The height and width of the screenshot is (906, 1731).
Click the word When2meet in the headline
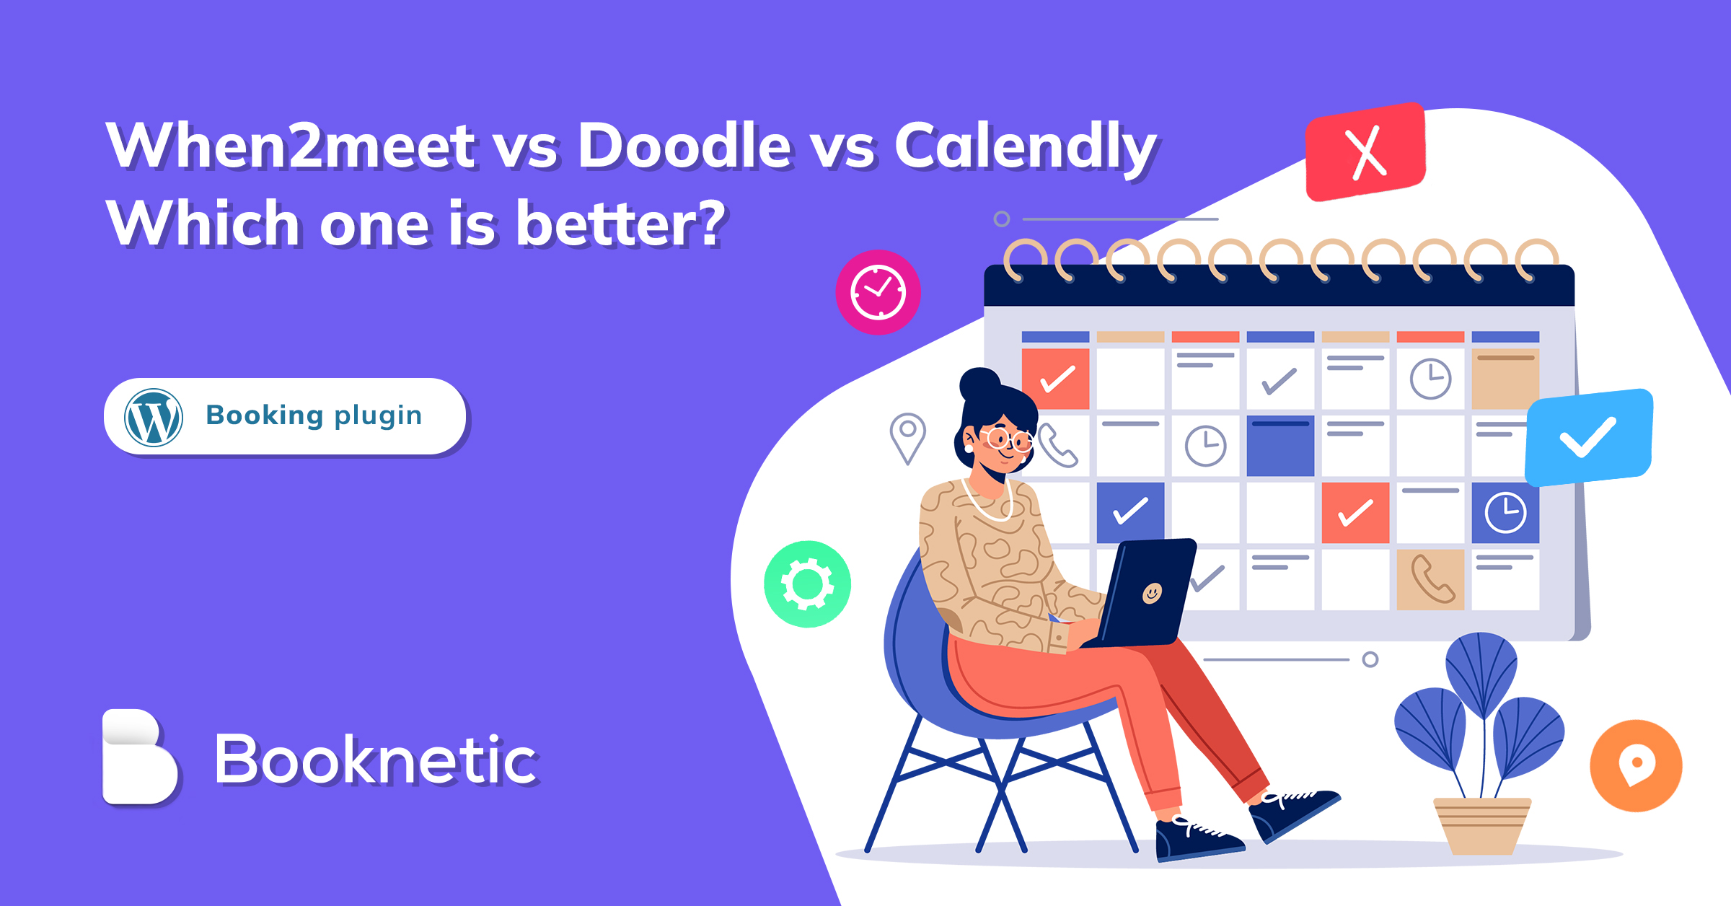click(x=290, y=146)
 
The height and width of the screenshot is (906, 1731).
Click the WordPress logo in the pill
click(x=154, y=418)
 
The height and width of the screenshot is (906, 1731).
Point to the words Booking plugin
click(x=314, y=415)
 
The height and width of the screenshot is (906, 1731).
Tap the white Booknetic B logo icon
click(x=138, y=757)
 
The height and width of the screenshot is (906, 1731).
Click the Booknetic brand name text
click(x=375, y=759)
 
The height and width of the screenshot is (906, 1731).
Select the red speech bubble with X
click(x=1365, y=152)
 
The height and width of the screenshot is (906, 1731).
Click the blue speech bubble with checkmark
click(x=1588, y=437)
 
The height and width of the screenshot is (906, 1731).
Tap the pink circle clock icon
click(x=878, y=292)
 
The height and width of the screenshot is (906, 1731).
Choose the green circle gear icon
click(x=807, y=584)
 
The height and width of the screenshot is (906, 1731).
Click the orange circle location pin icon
click(x=1636, y=765)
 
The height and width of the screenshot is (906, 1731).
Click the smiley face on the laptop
click(x=1152, y=593)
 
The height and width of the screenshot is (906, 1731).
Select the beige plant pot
click(x=1480, y=825)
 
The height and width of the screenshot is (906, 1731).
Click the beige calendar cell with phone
click(x=1430, y=579)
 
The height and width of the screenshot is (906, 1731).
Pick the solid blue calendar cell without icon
click(x=1280, y=446)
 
